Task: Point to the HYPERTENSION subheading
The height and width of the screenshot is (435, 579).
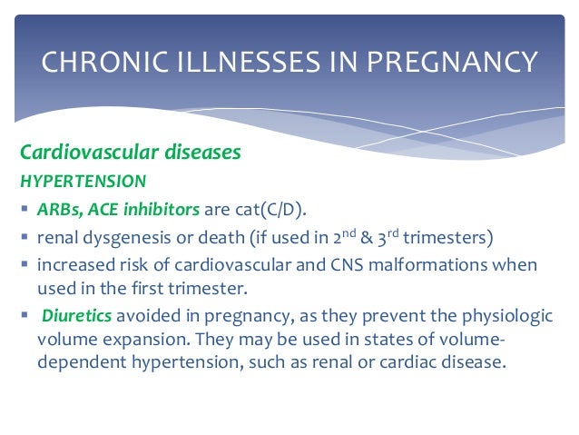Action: tap(75, 180)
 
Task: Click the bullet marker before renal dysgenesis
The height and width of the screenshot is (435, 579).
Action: tap(24, 238)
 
